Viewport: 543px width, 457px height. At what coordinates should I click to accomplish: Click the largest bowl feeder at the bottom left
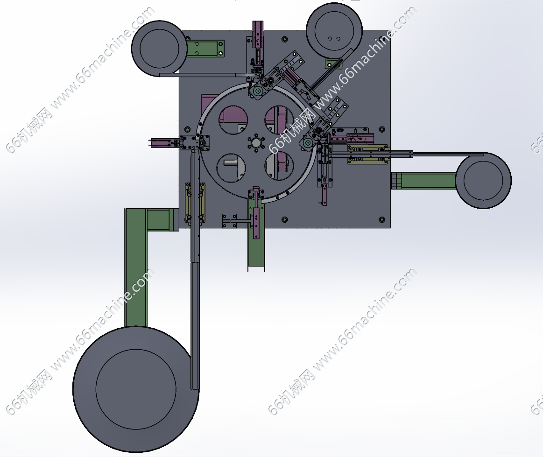point(136,389)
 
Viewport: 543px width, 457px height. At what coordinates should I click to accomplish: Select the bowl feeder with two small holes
point(334,31)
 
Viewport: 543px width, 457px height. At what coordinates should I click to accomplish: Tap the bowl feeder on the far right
point(483,180)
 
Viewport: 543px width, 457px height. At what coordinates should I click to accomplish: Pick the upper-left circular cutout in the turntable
point(233,120)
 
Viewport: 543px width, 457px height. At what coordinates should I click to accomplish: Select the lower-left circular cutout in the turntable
point(231,168)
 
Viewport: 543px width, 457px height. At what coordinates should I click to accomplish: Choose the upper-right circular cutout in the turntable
point(279,120)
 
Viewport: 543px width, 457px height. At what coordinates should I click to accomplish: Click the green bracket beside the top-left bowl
point(205,49)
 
